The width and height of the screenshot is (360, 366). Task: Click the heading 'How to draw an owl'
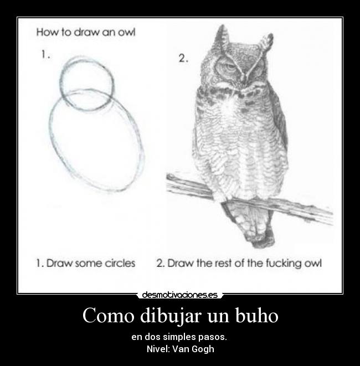[86, 32]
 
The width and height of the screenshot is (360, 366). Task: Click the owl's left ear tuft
[222, 37]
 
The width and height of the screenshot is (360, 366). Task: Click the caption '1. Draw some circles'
[86, 264]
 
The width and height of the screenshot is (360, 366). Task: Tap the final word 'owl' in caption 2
[312, 264]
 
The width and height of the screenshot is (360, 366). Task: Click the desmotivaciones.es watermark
[180, 295]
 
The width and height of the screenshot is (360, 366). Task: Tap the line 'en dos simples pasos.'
[179, 337]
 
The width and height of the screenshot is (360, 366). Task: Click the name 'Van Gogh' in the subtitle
[193, 349]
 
